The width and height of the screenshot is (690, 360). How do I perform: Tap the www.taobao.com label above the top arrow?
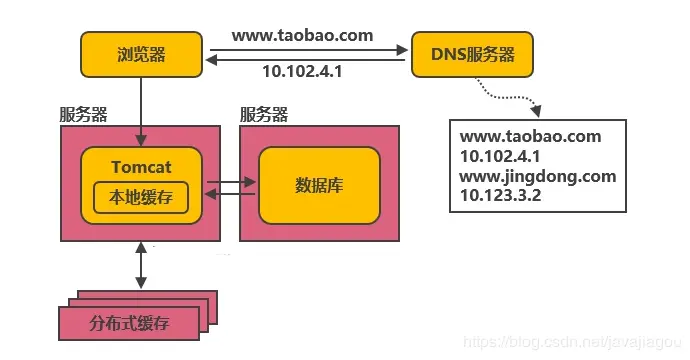tap(302, 35)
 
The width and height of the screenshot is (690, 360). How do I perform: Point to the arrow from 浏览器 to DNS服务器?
tap(310, 47)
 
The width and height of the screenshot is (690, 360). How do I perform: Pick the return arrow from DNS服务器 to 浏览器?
tap(310, 61)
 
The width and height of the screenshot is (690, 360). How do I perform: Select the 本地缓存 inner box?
tap(141, 197)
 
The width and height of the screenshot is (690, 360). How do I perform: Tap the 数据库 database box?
tap(319, 185)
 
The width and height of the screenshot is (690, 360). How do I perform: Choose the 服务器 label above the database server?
tap(265, 113)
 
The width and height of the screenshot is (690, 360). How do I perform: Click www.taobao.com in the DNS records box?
tap(530, 137)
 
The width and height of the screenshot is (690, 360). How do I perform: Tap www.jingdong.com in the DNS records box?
tap(537, 176)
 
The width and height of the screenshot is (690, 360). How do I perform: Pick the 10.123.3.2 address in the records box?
tap(500, 196)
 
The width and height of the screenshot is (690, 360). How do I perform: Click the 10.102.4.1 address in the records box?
tap(500, 156)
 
